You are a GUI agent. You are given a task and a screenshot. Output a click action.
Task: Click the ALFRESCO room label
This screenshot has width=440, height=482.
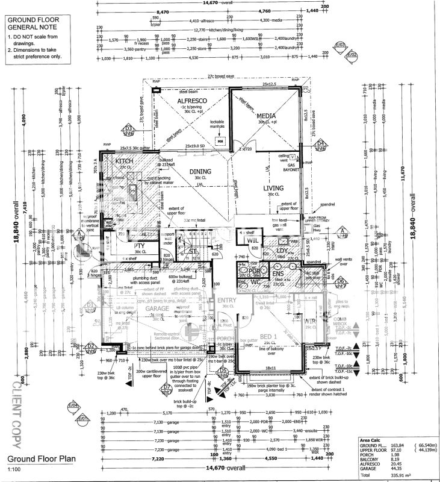191,101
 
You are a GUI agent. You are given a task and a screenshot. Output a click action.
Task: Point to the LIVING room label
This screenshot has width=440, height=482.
273,189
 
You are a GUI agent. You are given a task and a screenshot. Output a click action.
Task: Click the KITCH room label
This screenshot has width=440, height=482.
125,162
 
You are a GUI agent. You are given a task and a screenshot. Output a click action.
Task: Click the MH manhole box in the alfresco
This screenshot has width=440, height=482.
220,142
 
